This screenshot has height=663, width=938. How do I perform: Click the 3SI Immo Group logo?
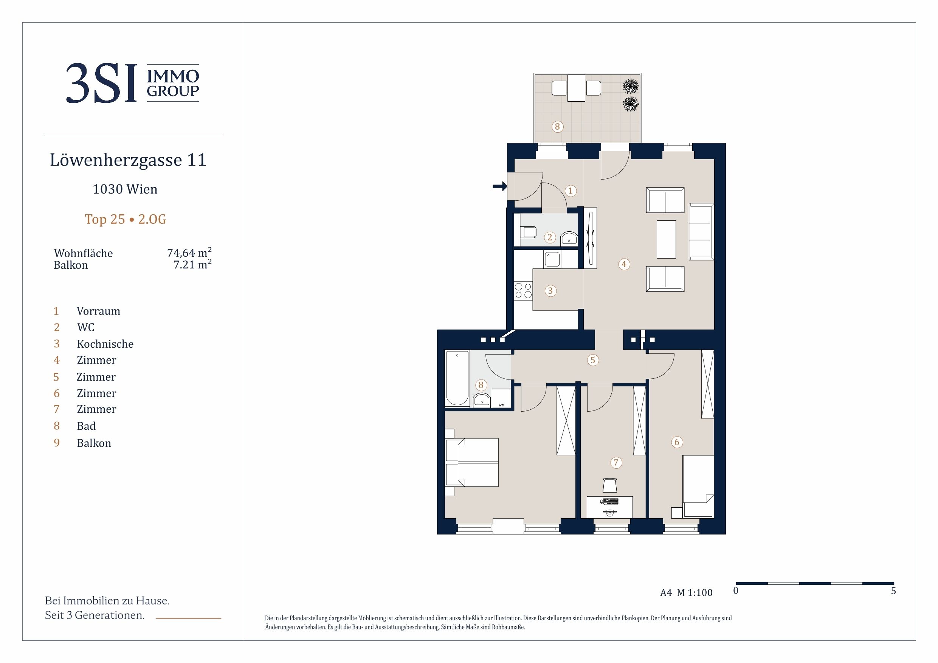click(132, 83)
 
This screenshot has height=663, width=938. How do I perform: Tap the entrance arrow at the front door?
click(500, 187)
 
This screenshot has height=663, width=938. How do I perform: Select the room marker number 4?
click(624, 264)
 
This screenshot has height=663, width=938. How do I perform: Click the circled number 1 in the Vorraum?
click(571, 191)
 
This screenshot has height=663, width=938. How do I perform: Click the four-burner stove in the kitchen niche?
click(523, 291)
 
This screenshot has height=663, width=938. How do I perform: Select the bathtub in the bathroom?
click(457, 378)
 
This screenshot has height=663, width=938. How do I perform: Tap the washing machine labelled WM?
click(501, 398)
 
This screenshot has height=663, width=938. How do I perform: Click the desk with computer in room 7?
click(609, 507)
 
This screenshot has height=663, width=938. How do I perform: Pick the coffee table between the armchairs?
click(666, 239)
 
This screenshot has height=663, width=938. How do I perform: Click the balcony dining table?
click(577, 88)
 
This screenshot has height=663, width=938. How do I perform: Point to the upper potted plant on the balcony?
click(631, 86)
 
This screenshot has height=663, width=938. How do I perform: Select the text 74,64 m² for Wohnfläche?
click(189, 252)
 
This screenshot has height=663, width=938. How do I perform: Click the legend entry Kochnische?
click(105, 344)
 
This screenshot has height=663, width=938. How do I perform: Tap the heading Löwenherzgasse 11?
click(128, 160)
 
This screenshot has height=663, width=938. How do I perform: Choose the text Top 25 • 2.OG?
click(126, 219)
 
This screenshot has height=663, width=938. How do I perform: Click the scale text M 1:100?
click(695, 593)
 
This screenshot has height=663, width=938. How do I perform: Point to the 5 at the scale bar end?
click(893, 591)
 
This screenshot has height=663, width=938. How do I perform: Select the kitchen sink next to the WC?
click(552, 259)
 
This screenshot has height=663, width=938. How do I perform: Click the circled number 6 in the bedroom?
click(677, 442)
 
